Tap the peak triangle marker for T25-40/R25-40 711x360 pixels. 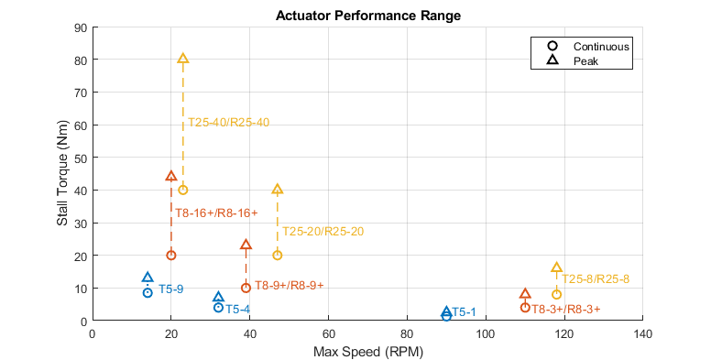(182, 59)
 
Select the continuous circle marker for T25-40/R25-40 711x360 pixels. (182, 190)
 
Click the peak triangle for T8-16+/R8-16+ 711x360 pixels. (170, 176)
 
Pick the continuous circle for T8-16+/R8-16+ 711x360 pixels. (170, 255)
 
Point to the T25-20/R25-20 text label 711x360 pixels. (323, 232)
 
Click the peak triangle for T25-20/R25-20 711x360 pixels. (277, 189)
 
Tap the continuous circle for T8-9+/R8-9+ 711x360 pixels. (246, 288)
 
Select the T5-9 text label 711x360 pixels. (170, 289)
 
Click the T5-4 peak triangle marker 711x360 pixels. (218, 297)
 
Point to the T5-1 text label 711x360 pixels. (464, 312)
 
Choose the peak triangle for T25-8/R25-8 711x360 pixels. (556, 267)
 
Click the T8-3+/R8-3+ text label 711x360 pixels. (566, 309)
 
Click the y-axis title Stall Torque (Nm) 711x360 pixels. (62, 174)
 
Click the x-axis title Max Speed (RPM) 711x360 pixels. (367, 352)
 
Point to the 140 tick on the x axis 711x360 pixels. (643, 333)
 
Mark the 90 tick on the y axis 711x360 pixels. (80, 27)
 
